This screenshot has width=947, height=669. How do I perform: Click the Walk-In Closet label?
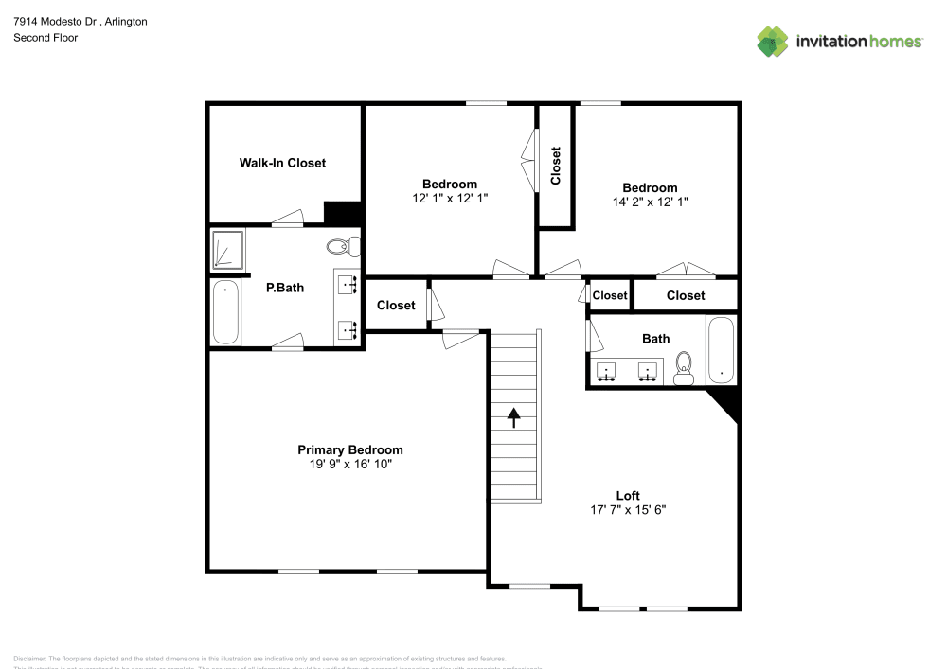point(282,163)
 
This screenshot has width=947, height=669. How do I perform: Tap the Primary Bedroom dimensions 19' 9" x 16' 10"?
point(350,465)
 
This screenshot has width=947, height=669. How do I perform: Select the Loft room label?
point(628,496)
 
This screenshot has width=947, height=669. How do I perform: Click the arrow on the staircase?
point(513,417)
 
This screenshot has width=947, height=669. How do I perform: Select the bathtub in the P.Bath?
point(225,312)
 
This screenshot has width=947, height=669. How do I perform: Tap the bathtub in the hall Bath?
point(721,350)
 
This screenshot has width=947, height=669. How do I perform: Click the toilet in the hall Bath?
point(684,369)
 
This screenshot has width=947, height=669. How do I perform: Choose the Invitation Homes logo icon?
point(773,42)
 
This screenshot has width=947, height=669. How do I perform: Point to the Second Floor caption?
point(45,38)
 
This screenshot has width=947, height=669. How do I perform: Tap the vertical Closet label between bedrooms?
point(556,166)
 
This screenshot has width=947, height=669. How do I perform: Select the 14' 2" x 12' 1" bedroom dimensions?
point(650,202)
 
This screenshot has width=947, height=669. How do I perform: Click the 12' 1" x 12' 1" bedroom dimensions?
point(450,198)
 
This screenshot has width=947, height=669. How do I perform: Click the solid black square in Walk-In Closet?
point(343,213)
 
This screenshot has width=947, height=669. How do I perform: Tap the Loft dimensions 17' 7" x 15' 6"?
point(628,510)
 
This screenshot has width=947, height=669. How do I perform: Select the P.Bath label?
point(285,288)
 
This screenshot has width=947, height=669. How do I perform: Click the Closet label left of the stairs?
point(396,305)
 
